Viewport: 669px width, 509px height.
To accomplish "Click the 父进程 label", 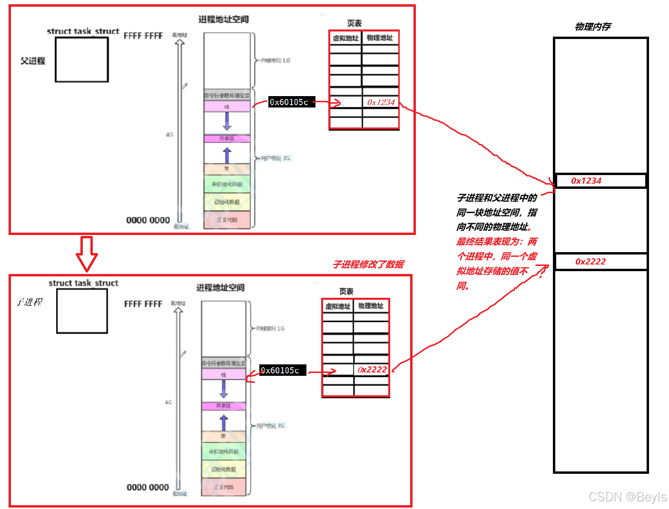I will tap(32, 61).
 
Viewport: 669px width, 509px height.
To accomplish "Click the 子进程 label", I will tap(30, 302).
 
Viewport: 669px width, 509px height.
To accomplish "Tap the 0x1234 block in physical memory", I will tap(600, 181).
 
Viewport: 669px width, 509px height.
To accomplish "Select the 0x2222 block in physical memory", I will tap(600, 262).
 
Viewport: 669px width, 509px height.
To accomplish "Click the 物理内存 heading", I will tap(592, 27).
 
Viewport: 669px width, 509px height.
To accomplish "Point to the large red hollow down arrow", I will tap(87, 254).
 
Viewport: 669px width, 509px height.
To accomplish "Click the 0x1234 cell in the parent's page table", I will tap(381, 102).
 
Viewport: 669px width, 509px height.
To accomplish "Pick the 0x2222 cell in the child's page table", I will tap(372, 370).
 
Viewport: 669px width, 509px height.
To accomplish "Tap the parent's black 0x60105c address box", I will tap(291, 102).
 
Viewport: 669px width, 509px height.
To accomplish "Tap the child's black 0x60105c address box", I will tap(282, 370).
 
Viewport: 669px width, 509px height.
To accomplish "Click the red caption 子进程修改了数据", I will tap(368, 264).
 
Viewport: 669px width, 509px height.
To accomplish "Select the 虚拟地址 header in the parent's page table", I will tap(345, 38).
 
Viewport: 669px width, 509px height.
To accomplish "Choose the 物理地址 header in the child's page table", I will tap(371, 306).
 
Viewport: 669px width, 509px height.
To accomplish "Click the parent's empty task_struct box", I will tap(82, 59).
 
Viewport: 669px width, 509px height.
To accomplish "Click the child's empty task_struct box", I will tap(82, 311).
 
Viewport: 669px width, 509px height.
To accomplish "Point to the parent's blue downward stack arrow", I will tap(227, 121).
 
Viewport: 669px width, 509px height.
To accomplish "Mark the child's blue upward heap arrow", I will tap(224, 422).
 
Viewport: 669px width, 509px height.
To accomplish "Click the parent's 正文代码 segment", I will tap(227, 220).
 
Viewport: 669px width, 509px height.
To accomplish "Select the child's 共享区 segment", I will tap(224, 406).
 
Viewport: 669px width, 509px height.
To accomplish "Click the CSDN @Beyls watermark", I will tap(627, 497).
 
